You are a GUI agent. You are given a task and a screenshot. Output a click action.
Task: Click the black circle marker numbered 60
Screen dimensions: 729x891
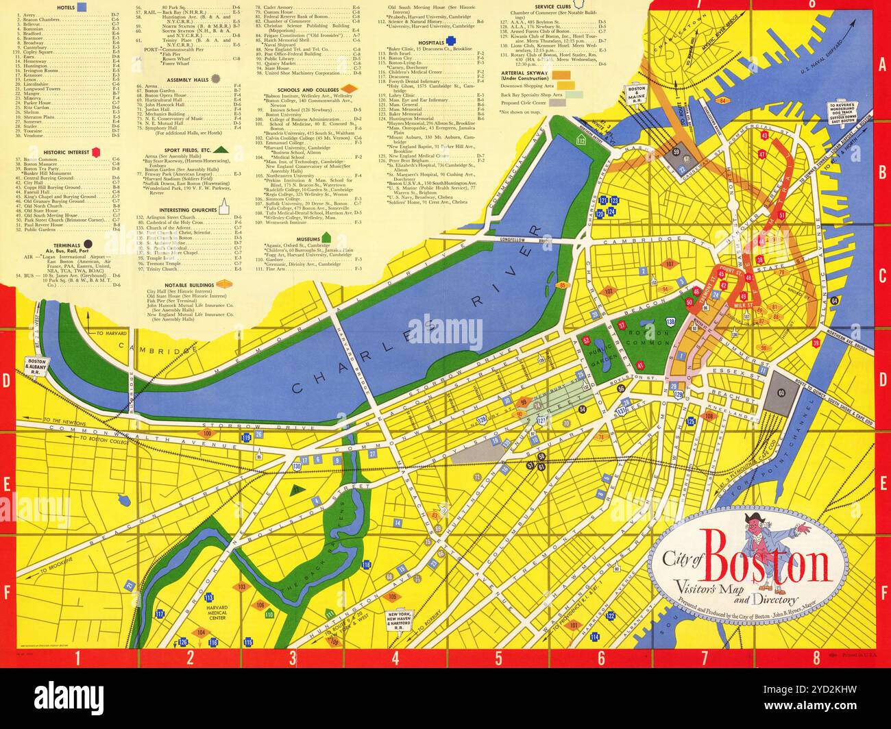point(781,391)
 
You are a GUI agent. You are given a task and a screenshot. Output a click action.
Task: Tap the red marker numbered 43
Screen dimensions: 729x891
point(764,136)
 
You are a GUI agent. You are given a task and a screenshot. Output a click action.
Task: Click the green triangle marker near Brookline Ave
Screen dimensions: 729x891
point(297,489)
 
